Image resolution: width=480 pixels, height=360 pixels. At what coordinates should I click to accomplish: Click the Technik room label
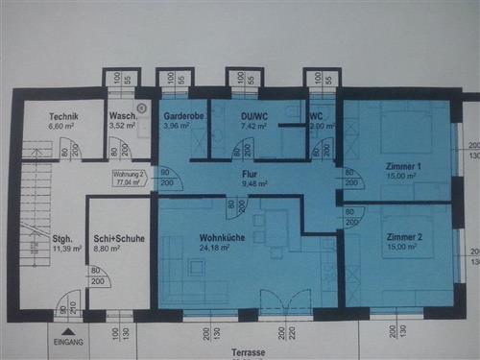pos(65,117)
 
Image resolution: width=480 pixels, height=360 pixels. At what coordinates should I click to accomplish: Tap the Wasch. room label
pos(122,117)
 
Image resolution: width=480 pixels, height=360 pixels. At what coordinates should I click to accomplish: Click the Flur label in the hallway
pos(252,175)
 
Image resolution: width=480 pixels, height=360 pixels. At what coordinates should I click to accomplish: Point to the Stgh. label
pos(62,238)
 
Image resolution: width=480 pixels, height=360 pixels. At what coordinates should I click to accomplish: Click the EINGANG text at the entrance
pos(69,341)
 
